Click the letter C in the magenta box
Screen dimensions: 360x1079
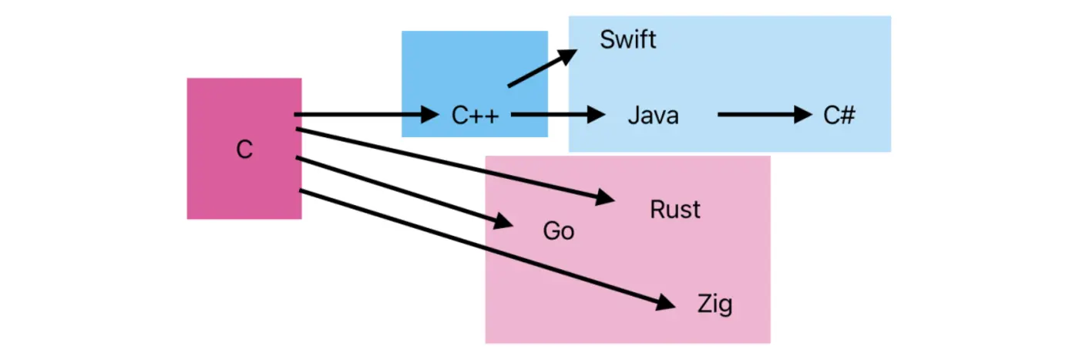pyautogui.click(x=244, y=149)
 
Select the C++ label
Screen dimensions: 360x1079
pyautogui.click(x=476, y=116)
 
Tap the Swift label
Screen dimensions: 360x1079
pyautogui.click(x=628, y=39)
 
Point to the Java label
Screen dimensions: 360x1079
pyautogui.click(x=653, y=116)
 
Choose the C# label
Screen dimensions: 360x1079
pyautogui.click(x=839, y=116)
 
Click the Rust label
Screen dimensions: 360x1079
pyautogui.click(x=675, y=209)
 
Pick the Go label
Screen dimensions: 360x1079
pyautogui.click(x=559, y=230)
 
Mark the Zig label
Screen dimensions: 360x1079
pyautogui.click(x=714, y=304)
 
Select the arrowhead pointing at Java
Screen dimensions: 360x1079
pyautogui.click(x=595, y=116)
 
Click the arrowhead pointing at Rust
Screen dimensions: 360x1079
pyautogui.click(x=604, y=198)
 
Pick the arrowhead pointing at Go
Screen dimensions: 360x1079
pyautogui.click(x=502, y=222)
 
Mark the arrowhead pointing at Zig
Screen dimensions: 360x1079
pyautogui.click(x=665, y=303)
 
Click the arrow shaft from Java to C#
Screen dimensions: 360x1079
pyautogui.click(x=755, y=116)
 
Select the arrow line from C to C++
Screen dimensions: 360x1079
pyautogui.click(x=355, y=116)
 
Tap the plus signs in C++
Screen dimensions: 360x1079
pyautogui.click(x=486, y=116)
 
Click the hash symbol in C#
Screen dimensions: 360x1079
pyautogui.click(x=848, y=116)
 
